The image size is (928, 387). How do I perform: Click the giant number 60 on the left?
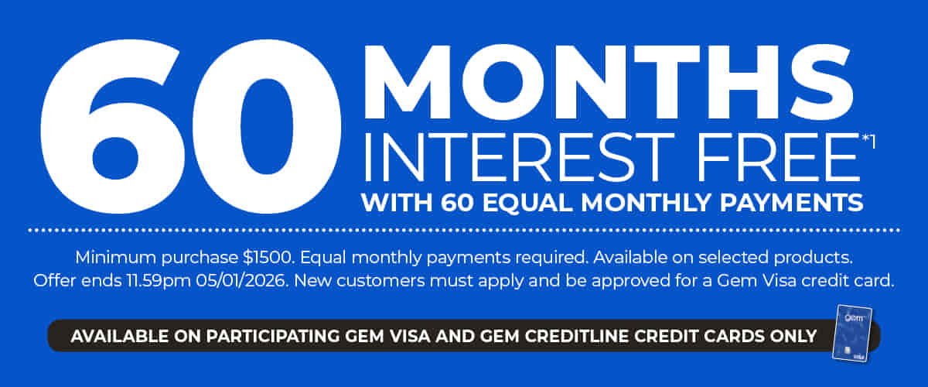(x=189, y=128)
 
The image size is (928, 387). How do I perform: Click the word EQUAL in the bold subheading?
(x=533, y=203)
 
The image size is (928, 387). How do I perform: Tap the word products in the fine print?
(x=822, y=255)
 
